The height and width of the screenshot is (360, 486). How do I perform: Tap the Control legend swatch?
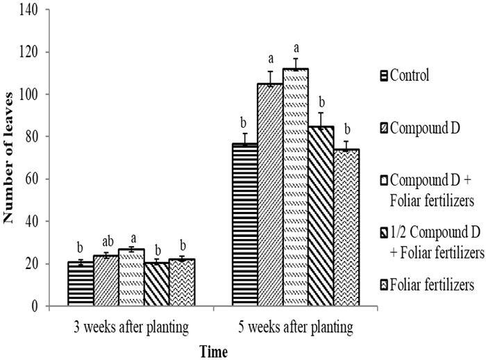point(385,74)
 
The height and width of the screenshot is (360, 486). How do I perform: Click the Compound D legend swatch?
point(385,127)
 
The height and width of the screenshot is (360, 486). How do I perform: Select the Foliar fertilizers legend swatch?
point(385,285)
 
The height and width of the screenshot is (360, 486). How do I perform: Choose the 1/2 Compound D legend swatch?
point(385,232)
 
